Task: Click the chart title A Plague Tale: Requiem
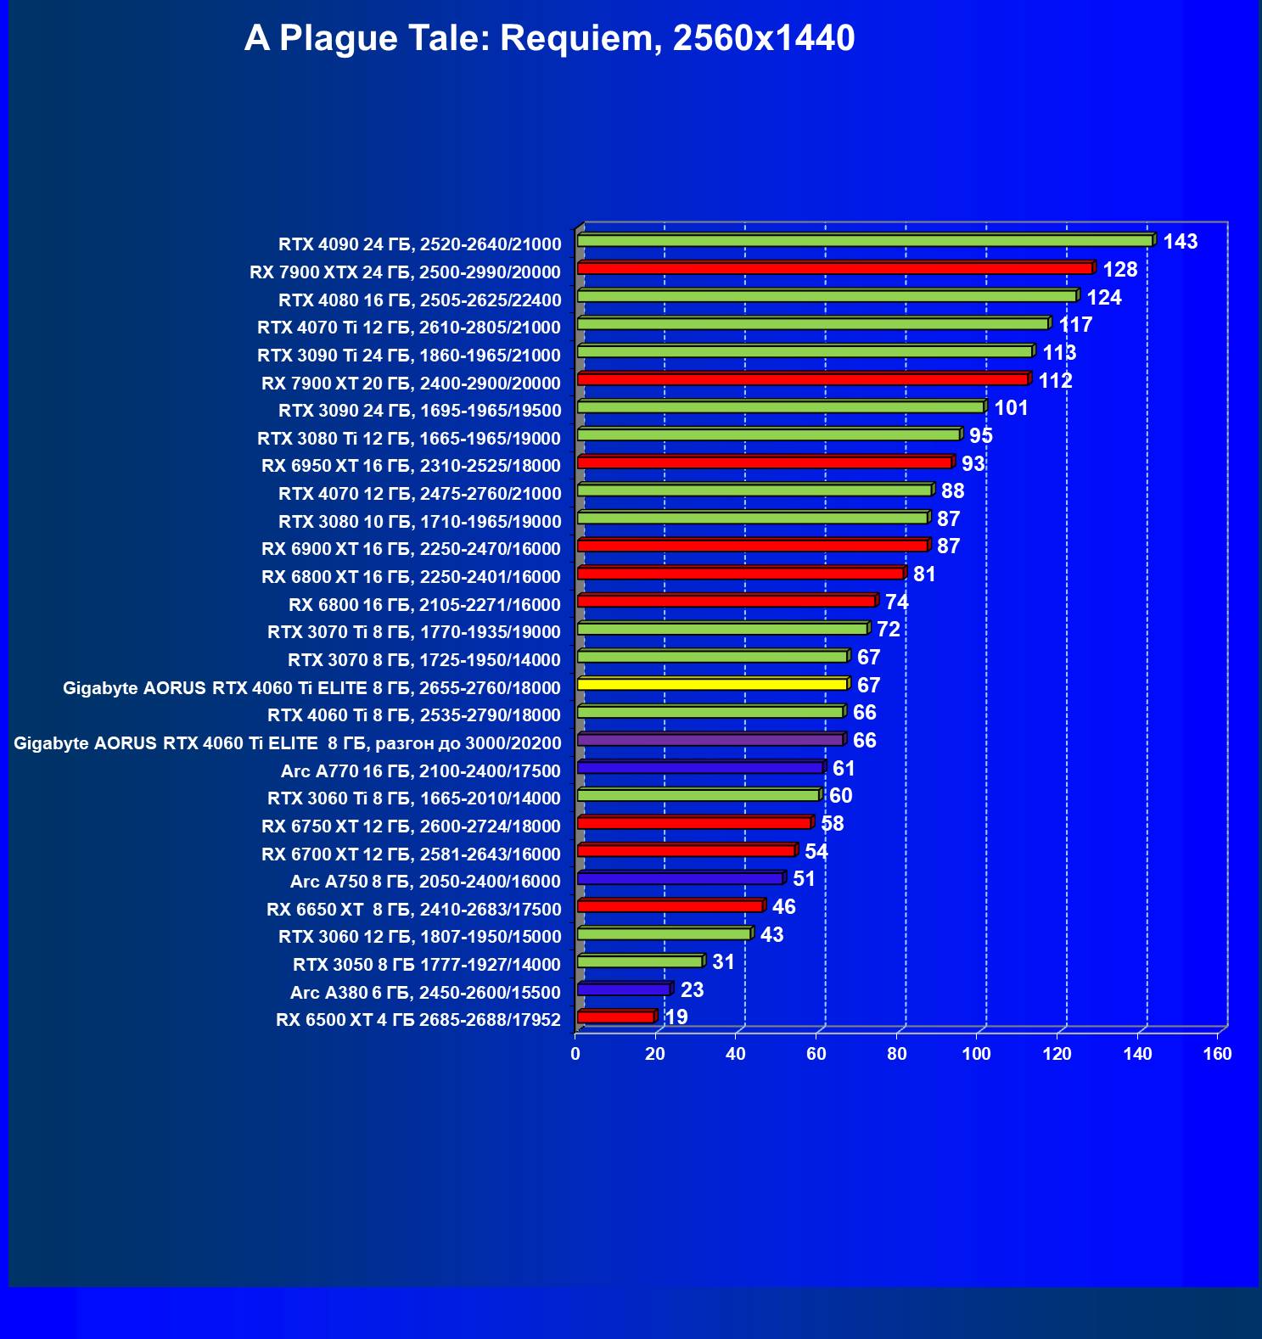(x=549, y=39)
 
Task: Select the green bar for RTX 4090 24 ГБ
(x=864, y=241)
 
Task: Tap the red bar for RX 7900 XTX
(x=834, y=269)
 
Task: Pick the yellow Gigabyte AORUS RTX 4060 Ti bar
(x=712, y=684)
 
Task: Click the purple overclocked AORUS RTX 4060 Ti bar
(x=710, y=740)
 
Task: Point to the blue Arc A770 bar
(x=700, y=768)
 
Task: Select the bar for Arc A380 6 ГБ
(x=623, y=989)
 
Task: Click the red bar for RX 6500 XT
(x=615, y=1017)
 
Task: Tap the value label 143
(x=1180, y=242)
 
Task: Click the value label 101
(x=1011, y=408)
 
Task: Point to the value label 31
(x=723, y=962)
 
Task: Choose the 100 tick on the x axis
(x=977, y=1054)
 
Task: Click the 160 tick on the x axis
(x=1218, y=1054)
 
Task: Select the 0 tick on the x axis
(x=575, y=1054)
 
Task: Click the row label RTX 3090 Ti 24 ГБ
(x=409, y=356)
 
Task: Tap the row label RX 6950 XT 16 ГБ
(x=411, y=466)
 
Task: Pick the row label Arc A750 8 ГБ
(x=425, y=882)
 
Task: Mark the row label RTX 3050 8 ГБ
(x=427, y=965)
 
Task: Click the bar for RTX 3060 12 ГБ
(x=664, y=934)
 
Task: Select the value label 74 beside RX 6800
(x=896, y=602)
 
